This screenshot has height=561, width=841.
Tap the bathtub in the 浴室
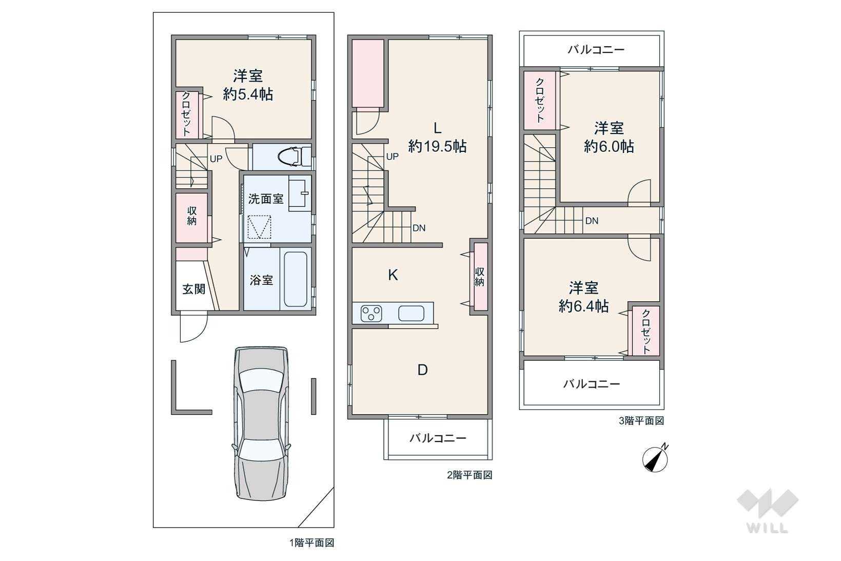296,279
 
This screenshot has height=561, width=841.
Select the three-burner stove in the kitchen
371,313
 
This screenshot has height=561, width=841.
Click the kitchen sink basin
411,313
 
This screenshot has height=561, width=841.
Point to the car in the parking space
262,423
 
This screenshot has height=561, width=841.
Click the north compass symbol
655,458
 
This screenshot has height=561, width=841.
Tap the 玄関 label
194,289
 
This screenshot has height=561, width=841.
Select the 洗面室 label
266,199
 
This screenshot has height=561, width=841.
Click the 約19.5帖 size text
437,146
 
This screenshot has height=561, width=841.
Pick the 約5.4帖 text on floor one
248,94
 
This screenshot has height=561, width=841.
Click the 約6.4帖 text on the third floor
583,306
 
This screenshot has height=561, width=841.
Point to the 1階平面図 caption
311,543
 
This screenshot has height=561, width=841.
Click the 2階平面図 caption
470,475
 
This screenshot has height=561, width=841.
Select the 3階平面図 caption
641,420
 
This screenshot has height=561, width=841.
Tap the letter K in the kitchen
393,275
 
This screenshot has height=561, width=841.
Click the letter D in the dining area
422,370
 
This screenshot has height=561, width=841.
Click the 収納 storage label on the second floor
479,277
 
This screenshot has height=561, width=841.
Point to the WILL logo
768,511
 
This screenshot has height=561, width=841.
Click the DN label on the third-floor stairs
592,221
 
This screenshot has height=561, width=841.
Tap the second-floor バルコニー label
438,438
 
